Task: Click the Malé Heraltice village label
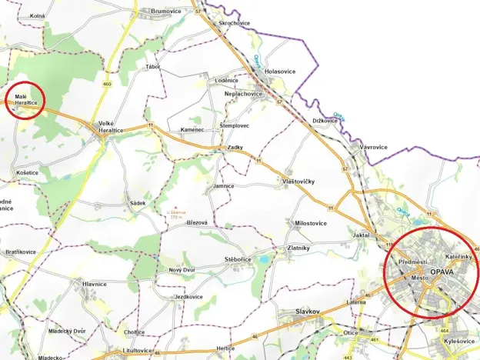26,99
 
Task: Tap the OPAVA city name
443,273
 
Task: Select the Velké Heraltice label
112,127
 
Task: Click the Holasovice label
279,71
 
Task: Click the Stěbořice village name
238,260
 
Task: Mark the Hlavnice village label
93,284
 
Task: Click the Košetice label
27,173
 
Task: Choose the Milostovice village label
311,223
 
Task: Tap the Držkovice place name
325,120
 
